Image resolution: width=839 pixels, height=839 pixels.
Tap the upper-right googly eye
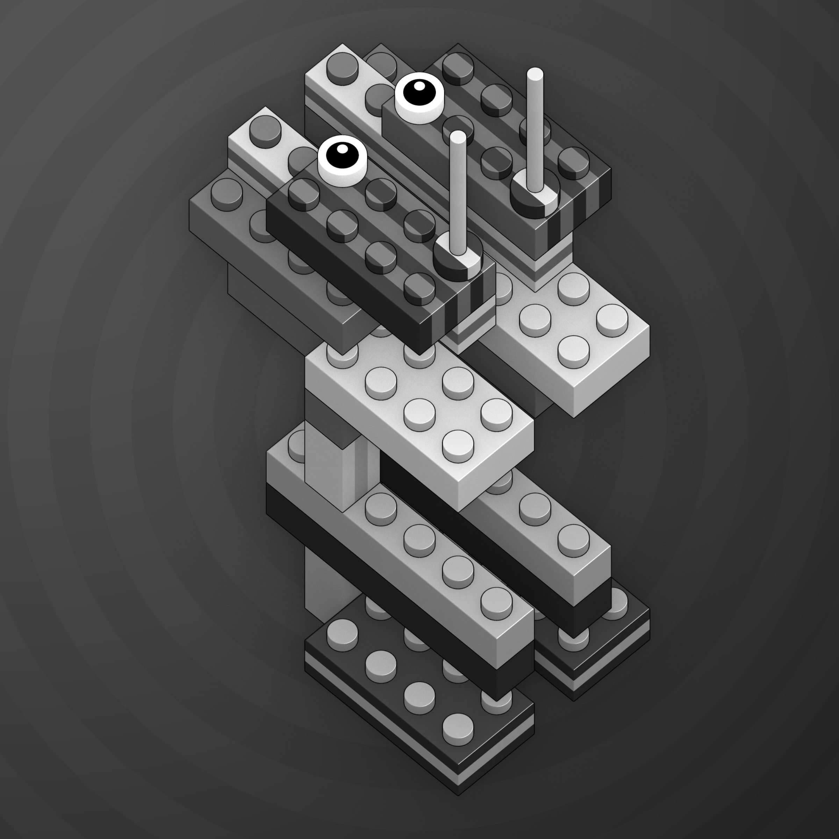point(419,98)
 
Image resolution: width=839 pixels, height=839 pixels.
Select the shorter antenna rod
point(458,195)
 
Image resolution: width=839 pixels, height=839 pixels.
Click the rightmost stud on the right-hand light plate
point(612,320)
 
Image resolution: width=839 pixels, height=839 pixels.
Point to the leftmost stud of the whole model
point(227,192)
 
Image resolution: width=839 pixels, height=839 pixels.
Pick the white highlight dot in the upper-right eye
point(419,86)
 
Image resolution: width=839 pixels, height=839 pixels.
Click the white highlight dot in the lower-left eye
point(343,149)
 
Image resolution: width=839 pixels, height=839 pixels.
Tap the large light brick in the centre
point(417,417)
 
